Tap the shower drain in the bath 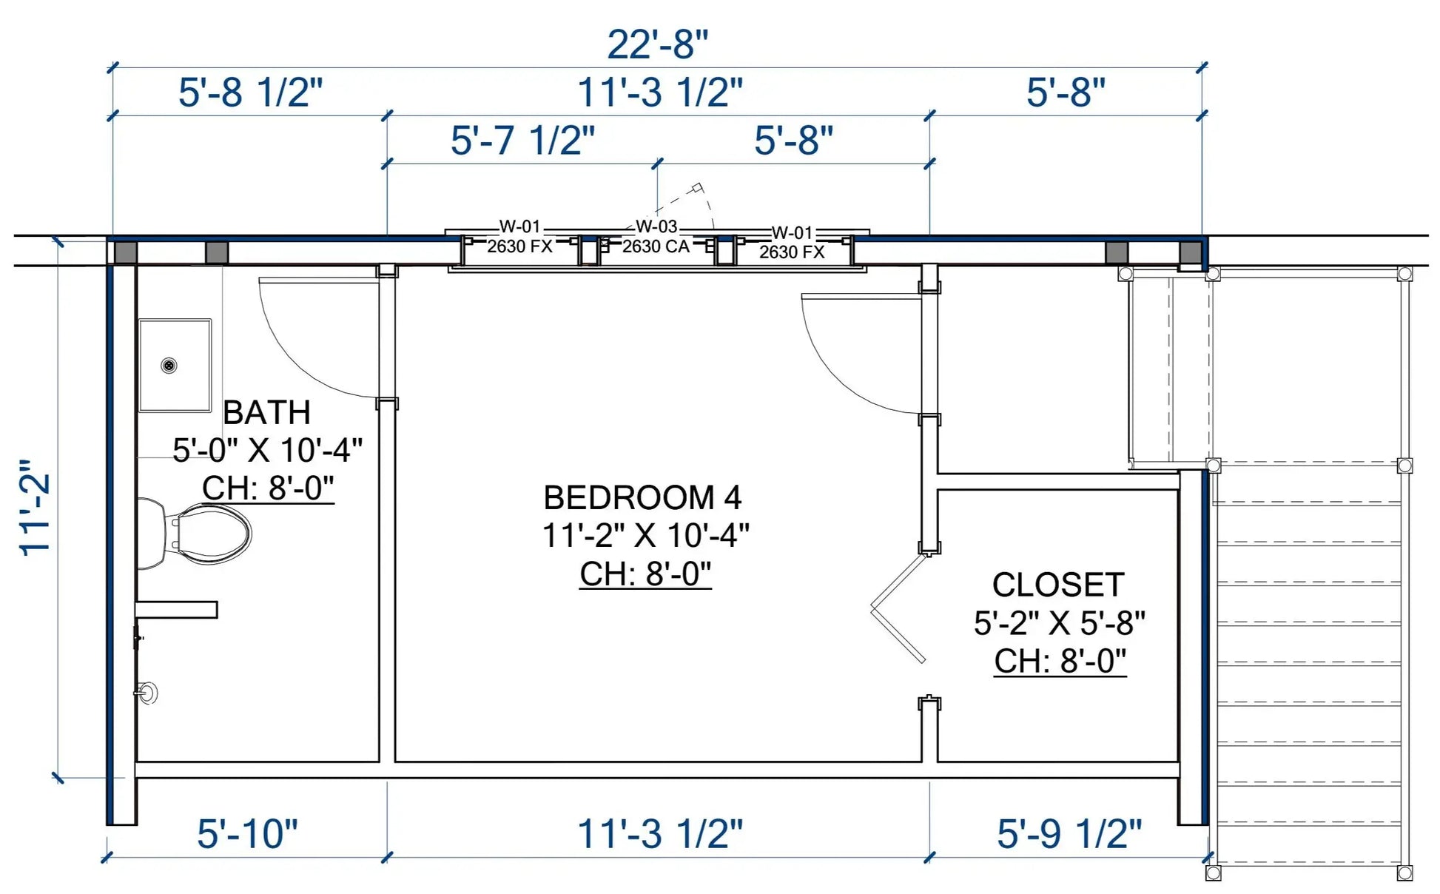(x=169, y=365)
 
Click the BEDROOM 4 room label (x=642, y=498)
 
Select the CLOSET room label (x=1058, y=585)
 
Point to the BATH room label (x=266, y=412)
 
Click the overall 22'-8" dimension (x=657, y=44)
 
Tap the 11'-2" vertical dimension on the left (x=36, y=506)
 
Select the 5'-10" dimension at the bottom (x=247, y=833)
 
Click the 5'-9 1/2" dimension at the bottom (x=1069, y=833)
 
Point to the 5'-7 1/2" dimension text (x=522, y=141)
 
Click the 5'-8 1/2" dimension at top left (x=250, y=93)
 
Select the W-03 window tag (x=656, y=226)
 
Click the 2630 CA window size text (x=656, y=246)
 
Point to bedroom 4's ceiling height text (x=645, y=574)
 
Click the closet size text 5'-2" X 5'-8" (x=1059, y=623)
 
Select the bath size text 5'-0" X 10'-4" (x=267, y=450)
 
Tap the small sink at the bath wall (x=146, y=693)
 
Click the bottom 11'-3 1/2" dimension (x=659, y=833)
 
